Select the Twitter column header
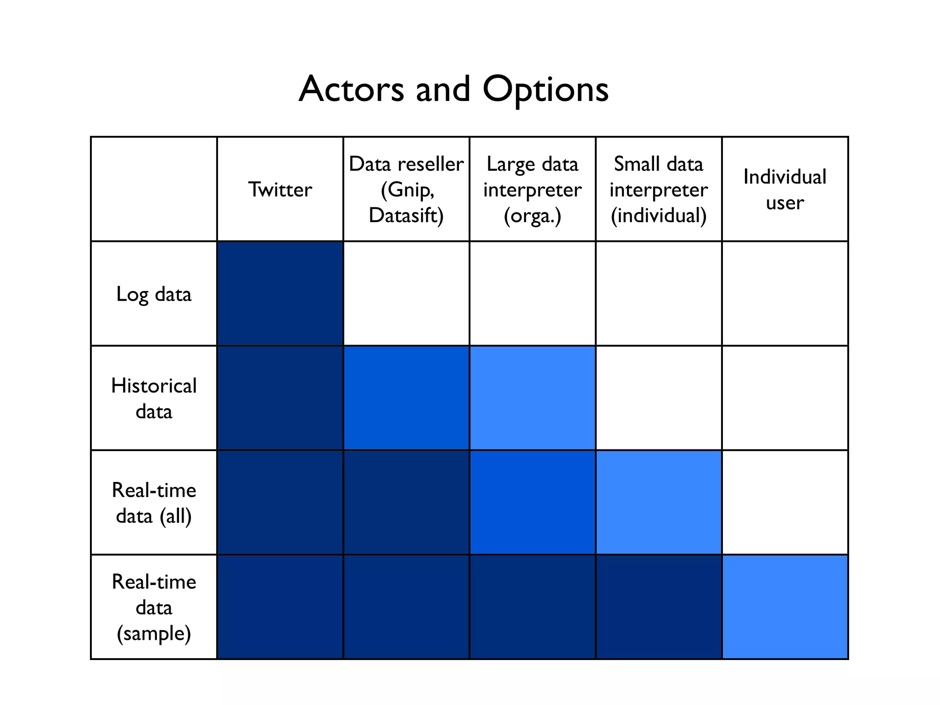(x=280, y=190)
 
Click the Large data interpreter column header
(x=532, y=190)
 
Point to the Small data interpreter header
(x=659, y=190)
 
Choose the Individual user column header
(x=785, y=190)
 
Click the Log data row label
(x=154, y=294)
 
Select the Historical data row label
(x=154, y=398)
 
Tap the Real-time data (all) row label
(x=154, y=503)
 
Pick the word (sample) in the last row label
(x=154, y=633)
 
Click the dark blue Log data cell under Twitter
(x=280, y=294)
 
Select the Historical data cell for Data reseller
(x=406, y=398)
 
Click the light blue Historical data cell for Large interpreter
(x=532, y=398)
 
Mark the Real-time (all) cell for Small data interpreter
(x=659, y=503)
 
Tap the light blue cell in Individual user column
(x=785, y=607)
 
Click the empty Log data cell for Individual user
(x=785, y=294)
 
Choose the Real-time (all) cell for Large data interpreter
(x=532, y=503)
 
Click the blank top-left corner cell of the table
(x=154, y=189)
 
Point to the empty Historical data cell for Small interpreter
(x=659, y=398)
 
